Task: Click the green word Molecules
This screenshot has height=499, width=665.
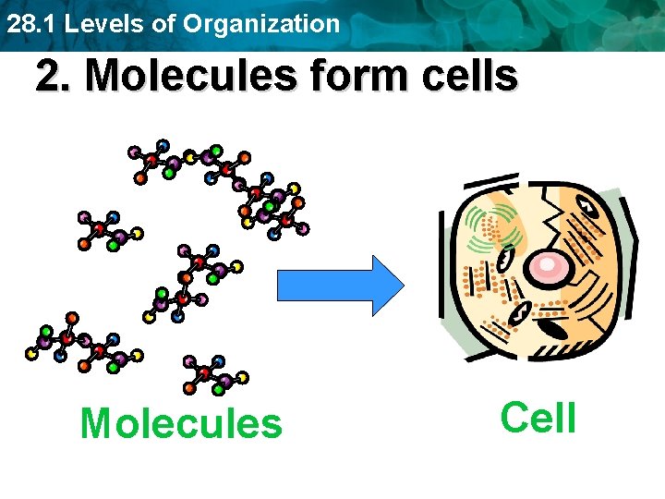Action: click(181, 424)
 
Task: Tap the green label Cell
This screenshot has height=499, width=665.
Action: click(538, 418)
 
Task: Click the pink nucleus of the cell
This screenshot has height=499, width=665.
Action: click(549, 267)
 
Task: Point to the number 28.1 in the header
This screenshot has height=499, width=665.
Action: click(25, 23)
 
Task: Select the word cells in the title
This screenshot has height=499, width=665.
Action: click(471, 77)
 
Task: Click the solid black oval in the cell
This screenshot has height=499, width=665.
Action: click(552, 325)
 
